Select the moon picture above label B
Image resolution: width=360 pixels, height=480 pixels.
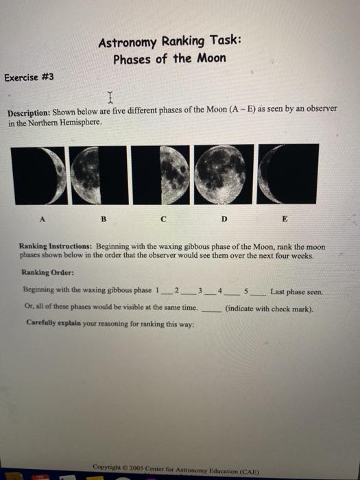[x=101, y=173]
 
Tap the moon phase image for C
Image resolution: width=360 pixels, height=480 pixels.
[x=163, y=173]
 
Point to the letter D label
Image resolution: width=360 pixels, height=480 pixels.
[x=224, y=219]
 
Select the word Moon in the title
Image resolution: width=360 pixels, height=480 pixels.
[x=211, y=58]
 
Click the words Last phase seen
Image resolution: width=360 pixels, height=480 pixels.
[x=296, y=291]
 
